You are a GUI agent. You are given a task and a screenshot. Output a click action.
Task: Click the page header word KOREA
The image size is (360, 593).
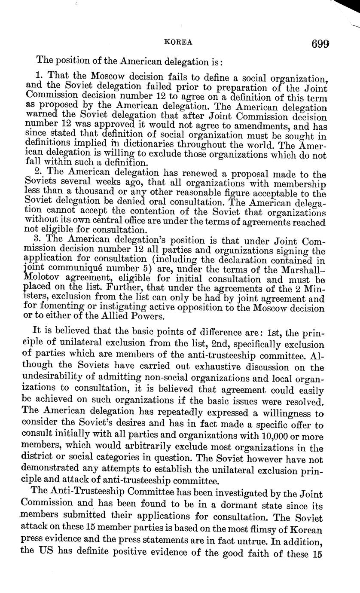[178, 42]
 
